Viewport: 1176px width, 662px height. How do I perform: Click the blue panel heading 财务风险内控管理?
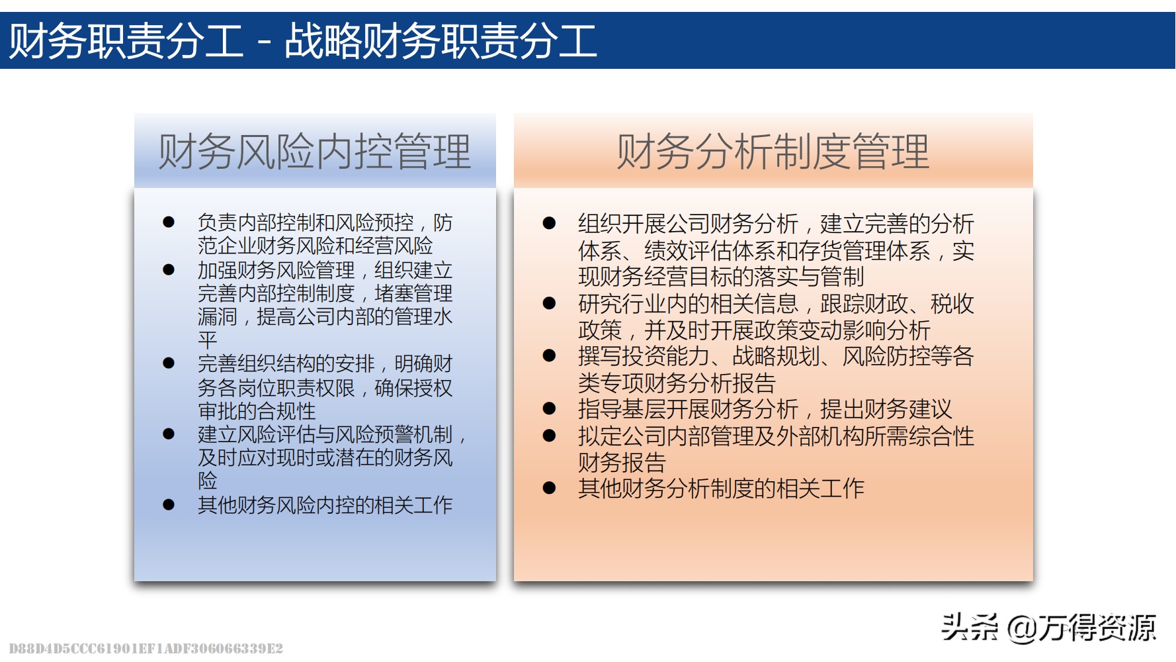(x=315, y=152)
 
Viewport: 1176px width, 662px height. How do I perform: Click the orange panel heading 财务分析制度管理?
(x=773, y=152)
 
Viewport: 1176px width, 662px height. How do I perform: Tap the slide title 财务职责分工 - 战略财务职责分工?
(x=304, y=40)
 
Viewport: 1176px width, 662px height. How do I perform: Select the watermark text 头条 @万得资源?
(x=1049, y=627)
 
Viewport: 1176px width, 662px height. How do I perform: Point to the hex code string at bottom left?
(x=146, y=648)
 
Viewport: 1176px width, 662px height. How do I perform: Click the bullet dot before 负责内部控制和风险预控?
(x=169, y=222)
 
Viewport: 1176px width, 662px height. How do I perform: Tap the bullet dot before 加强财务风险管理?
(x=169, y=270)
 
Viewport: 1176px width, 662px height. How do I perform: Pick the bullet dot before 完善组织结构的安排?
(x=169, y=363)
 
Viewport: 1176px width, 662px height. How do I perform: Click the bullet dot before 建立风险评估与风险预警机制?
(x=169, y=434)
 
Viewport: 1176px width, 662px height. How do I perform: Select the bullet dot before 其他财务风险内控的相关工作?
(x=169, y=505)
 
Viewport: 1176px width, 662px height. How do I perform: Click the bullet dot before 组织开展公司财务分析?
(x=549, y=223)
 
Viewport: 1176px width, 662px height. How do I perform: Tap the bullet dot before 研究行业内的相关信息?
(x=549, y=303)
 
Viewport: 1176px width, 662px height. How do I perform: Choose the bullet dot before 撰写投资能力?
(x=549, y=355)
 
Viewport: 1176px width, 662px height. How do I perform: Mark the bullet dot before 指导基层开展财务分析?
(x=549, y=408)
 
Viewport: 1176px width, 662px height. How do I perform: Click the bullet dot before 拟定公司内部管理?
(x=549, y=436)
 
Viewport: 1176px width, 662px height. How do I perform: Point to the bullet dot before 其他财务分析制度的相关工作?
(x=549, y=488)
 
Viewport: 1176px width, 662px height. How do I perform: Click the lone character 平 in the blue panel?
(x=208, y=340)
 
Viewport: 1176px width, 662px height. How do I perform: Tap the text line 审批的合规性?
(x=257, y=411)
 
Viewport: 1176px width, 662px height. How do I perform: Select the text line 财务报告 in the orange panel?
(x=622, y=462)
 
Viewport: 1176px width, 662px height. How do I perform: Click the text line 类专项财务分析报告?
(x=677, y=383)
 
